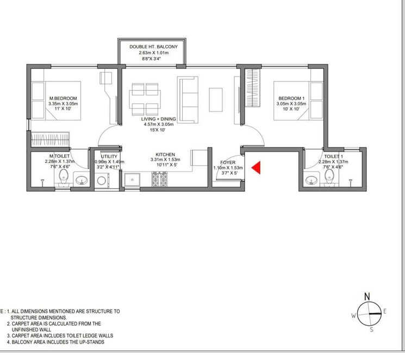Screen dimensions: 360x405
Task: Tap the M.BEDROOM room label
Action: click(64, 98)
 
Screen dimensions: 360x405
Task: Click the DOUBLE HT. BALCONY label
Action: click(153, 47)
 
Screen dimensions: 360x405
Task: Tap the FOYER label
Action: click(227, 162)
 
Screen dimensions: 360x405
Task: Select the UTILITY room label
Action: click(109, 156)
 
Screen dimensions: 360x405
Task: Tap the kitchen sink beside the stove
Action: click(131, 180)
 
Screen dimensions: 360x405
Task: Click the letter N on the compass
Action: click(367, 296)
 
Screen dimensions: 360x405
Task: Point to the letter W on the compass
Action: click(353, 316)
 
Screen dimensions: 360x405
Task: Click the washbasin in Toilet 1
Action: click(312, 180)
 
